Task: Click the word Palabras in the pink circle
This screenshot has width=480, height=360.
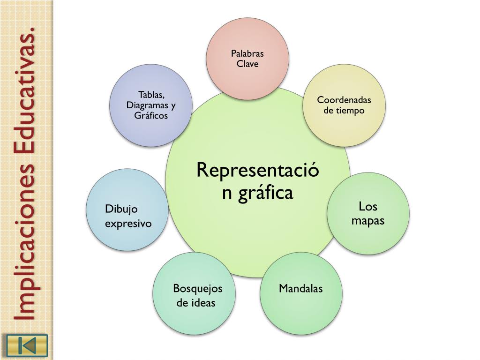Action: [247, 53]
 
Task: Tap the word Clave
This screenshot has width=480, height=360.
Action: [247, 64]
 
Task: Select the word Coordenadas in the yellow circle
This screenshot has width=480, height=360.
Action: [344, 100]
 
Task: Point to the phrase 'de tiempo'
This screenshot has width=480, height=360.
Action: [344, 111]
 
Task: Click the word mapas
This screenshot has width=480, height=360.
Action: [368, 220]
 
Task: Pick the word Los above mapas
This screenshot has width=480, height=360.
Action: [368, 207]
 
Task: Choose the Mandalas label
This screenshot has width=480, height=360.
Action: [301, 288]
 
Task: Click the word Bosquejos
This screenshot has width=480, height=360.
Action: [197, 288]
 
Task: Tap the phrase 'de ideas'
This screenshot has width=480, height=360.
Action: [196, 303]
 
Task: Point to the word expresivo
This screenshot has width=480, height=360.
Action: [128, 223]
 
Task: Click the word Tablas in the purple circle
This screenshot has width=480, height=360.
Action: [151, 95]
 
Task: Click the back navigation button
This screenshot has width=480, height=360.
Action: [27, 345]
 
